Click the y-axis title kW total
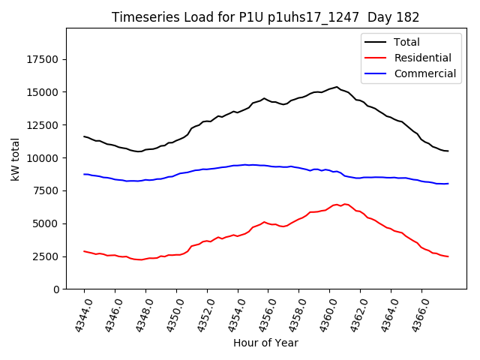[15, 159]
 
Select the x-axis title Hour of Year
[265, 343]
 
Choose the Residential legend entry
[423, 58]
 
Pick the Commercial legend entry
[425, 73]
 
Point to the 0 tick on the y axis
[56, 289]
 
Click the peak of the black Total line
[337, 87]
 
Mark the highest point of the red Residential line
[337, 204]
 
